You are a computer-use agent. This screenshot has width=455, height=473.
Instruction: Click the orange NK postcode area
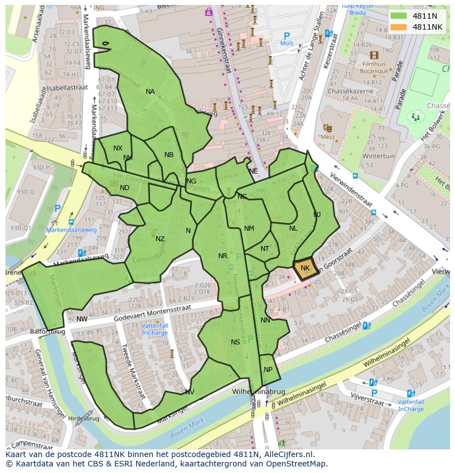304,268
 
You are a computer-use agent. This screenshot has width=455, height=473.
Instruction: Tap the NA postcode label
150,92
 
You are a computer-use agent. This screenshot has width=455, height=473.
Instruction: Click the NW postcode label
82,319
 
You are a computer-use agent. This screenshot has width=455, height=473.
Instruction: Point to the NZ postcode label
160,239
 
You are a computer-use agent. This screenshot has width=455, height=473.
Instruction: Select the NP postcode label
268,370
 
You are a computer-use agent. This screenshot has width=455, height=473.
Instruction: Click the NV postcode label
190,392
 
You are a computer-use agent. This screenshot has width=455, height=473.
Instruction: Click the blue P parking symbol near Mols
286,36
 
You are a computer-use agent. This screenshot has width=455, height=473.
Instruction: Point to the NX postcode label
118,148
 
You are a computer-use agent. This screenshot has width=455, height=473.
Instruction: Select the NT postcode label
265,249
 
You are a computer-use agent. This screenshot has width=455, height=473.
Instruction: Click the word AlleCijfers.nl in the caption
286,454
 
